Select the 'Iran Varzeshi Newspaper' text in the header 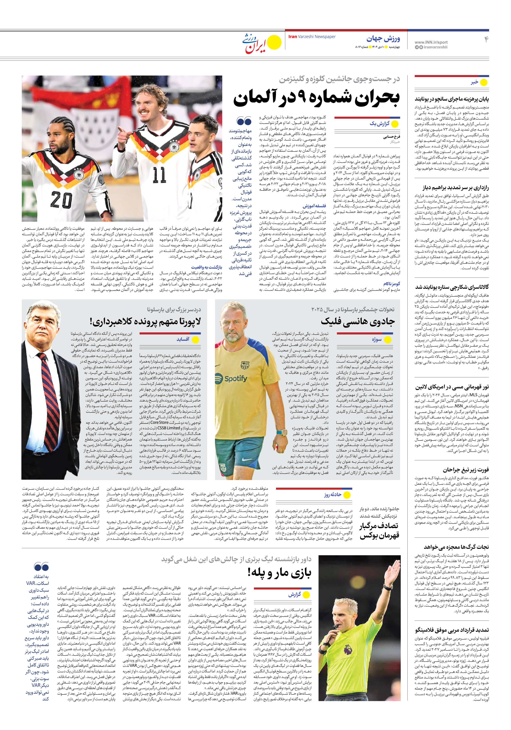pyautogui.click(x=312, y=37)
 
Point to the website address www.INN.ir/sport pyautogui.click(x=431, y=42)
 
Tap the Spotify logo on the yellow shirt pyautogui.click(x=235, y=379)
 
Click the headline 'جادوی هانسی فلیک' pyautogui.click(x=357, y=321)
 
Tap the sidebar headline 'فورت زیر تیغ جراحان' pyautogui.click(x=466, y=470)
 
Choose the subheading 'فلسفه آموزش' pyautogui.click(x=314, y=206)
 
